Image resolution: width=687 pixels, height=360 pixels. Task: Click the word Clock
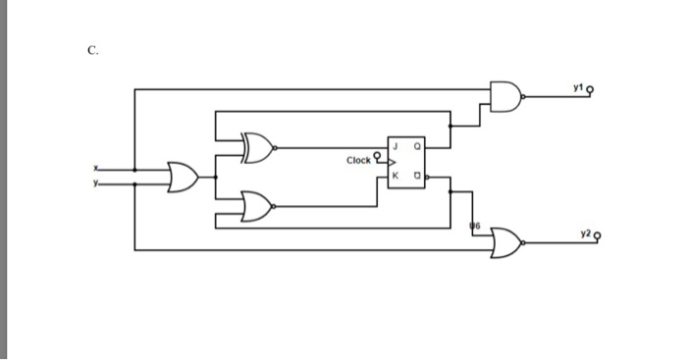(359, 159)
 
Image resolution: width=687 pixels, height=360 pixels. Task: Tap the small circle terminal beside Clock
(377, 153)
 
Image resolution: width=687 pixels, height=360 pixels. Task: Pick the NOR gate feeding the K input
(257, 207)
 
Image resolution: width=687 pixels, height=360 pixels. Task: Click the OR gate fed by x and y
(183, 178)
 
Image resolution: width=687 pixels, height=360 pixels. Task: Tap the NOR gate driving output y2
(506, 240)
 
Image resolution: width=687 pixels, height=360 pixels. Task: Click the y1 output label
(582, 89)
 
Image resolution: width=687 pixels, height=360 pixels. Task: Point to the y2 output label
(585, 233)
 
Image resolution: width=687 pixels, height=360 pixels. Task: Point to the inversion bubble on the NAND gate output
(526, 97)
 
